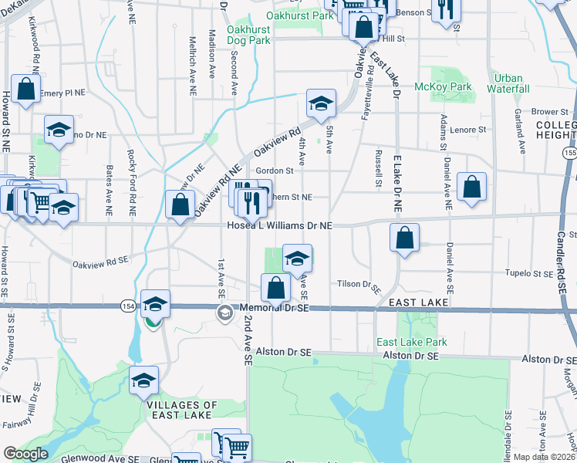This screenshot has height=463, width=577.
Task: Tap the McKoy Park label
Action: pos(443,87)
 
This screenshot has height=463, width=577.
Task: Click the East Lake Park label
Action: pos(411,342)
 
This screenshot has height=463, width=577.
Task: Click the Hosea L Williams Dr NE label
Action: pos(279,225)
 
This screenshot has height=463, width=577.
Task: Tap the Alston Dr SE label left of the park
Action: pos(284,352)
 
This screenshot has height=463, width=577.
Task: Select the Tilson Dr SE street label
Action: pos(359,285)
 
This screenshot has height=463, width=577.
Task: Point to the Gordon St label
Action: pos(275,171)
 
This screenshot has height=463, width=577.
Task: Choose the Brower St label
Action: pos(550,112)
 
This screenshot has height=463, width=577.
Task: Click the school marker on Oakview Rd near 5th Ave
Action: pos(321,102)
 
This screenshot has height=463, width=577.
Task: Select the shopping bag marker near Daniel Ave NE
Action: pos(471,187)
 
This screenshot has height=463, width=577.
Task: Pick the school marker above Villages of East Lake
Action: pos(143,380)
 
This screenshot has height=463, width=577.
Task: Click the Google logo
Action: pos(25,454)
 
